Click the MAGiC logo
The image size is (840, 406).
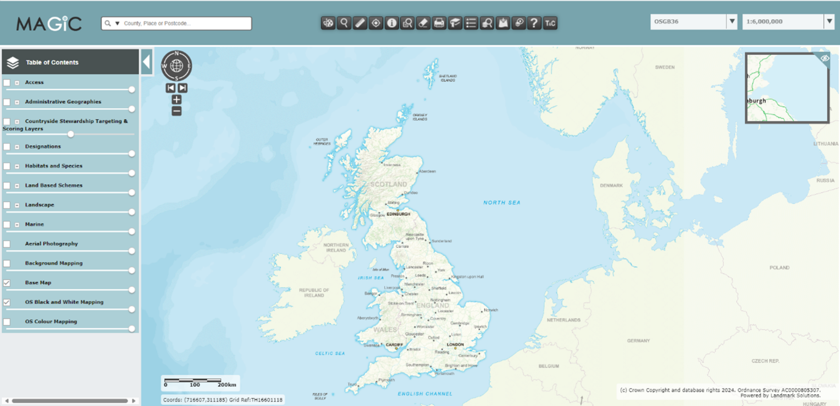tap(49, 24)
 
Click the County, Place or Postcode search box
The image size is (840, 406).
tap(180, 23)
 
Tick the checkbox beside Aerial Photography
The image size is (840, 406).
tap(7, 244)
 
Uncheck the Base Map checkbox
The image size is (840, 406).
tap(7, 283)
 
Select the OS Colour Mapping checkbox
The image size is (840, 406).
tap(7, 322)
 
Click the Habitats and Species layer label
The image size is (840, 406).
tap(53, 166)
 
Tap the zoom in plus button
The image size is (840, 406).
tap(176, 100)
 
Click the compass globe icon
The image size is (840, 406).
tap(176, 66)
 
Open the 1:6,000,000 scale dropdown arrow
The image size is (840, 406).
tap(829, 21)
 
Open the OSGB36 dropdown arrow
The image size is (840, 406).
tap(732, 21)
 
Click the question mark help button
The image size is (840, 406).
tap(534, 23)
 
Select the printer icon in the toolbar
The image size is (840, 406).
tap(439, 23)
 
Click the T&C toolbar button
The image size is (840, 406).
tap(550, 23)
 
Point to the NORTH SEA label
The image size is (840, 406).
tap(501, 203)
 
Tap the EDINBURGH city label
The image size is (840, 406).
tap(398, 214)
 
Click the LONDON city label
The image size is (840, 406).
tap(455, 344)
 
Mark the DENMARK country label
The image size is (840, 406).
tap(611, 186)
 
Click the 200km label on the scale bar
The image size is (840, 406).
tap(227, 385)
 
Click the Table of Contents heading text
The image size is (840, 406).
tap(52, 62)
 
